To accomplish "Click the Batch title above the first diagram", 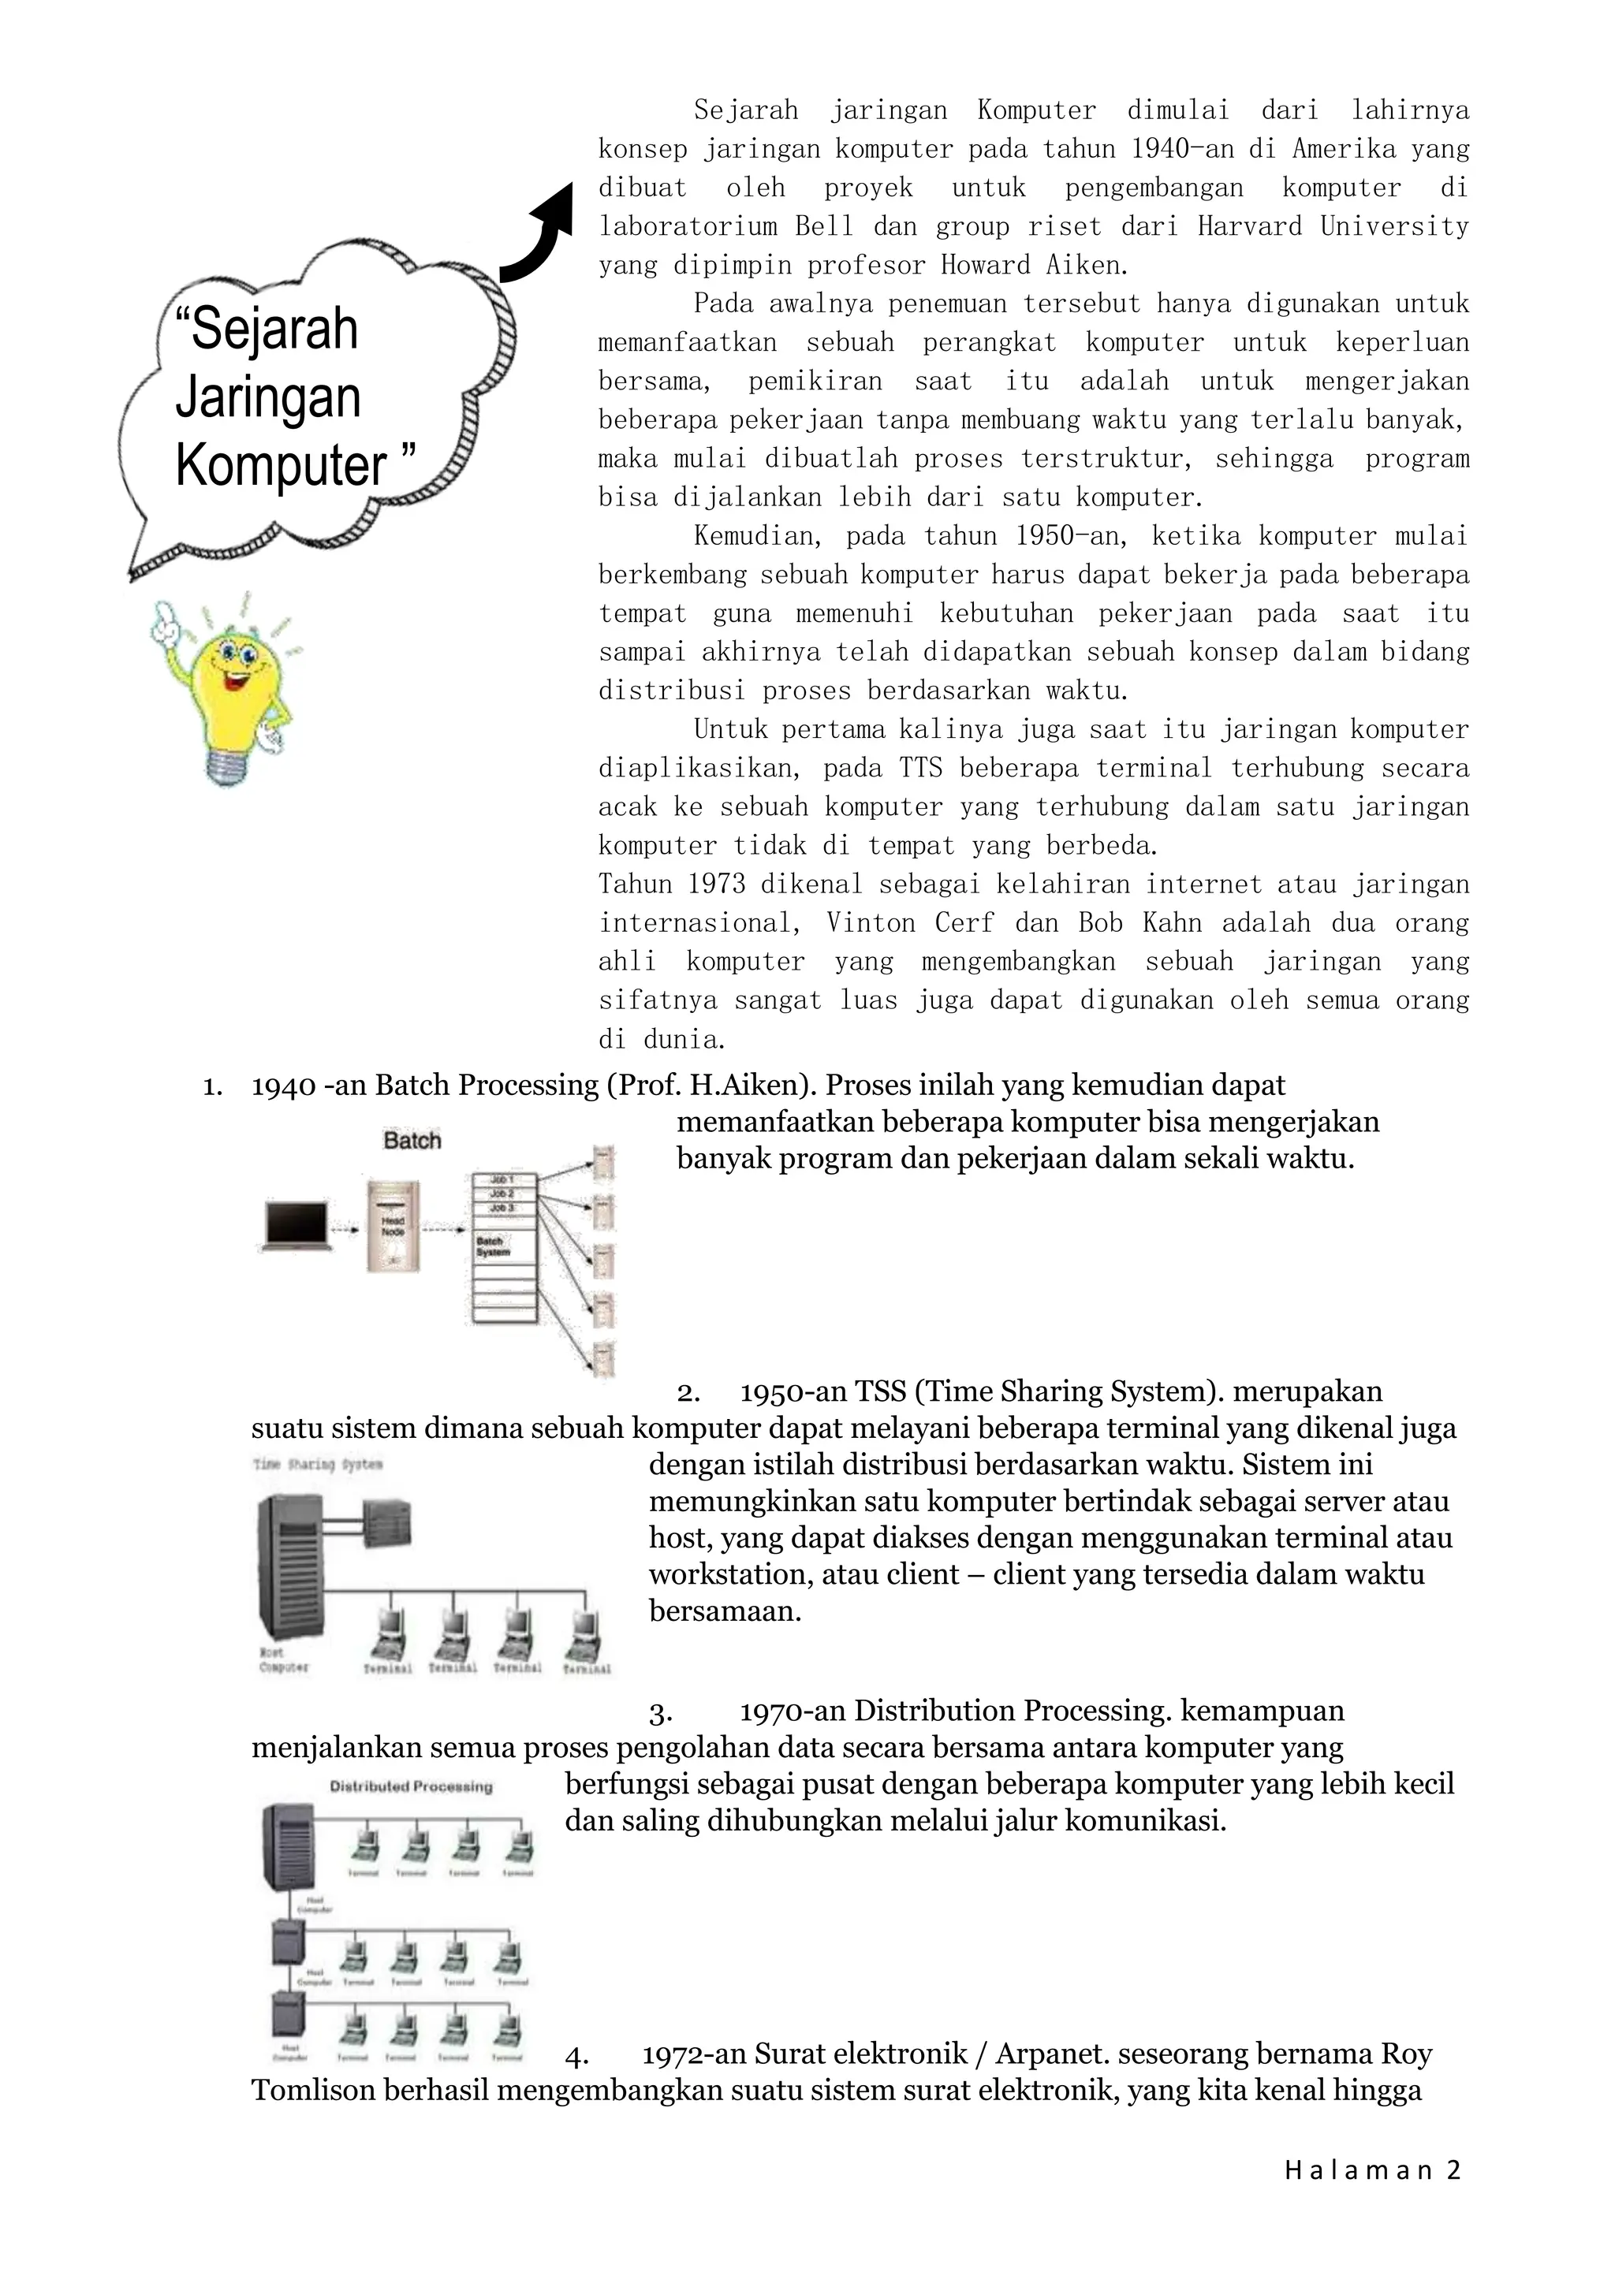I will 412,1141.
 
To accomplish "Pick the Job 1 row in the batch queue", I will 504,1180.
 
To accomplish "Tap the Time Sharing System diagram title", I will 319,1465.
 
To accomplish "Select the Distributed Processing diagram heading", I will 411,1787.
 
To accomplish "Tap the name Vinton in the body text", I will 871,923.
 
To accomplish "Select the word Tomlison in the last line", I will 313,2091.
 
